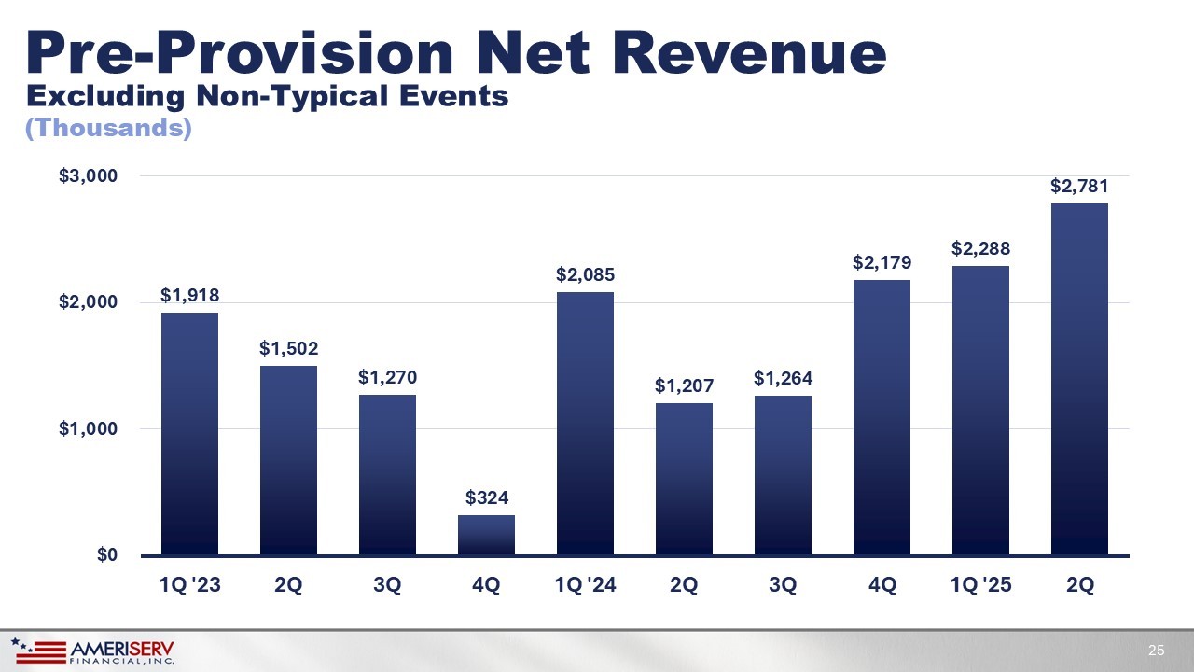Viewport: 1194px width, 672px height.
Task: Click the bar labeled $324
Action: click(x=486, y=535)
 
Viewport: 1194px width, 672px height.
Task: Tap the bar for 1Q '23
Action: click(x=189, y=434)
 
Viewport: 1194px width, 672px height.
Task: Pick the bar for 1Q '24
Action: click(x=585, y=424)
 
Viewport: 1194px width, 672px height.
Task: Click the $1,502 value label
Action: click(x=288, y=348)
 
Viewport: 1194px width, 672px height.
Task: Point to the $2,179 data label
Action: click(x=882, y=262)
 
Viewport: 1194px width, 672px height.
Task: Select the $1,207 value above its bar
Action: click(x=684, y=385)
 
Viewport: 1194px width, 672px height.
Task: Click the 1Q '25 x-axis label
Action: click(x=980, y=585)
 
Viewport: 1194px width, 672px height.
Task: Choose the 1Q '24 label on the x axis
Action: click(x=585, y=585)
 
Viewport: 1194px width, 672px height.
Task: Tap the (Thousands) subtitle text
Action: click(x=108, y=129)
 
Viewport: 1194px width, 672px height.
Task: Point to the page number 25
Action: click(x=1157, y=651)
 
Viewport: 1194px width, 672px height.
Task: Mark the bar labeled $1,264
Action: click(x=783, y=475)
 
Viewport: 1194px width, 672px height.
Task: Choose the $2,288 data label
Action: click(x=980, y=248)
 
